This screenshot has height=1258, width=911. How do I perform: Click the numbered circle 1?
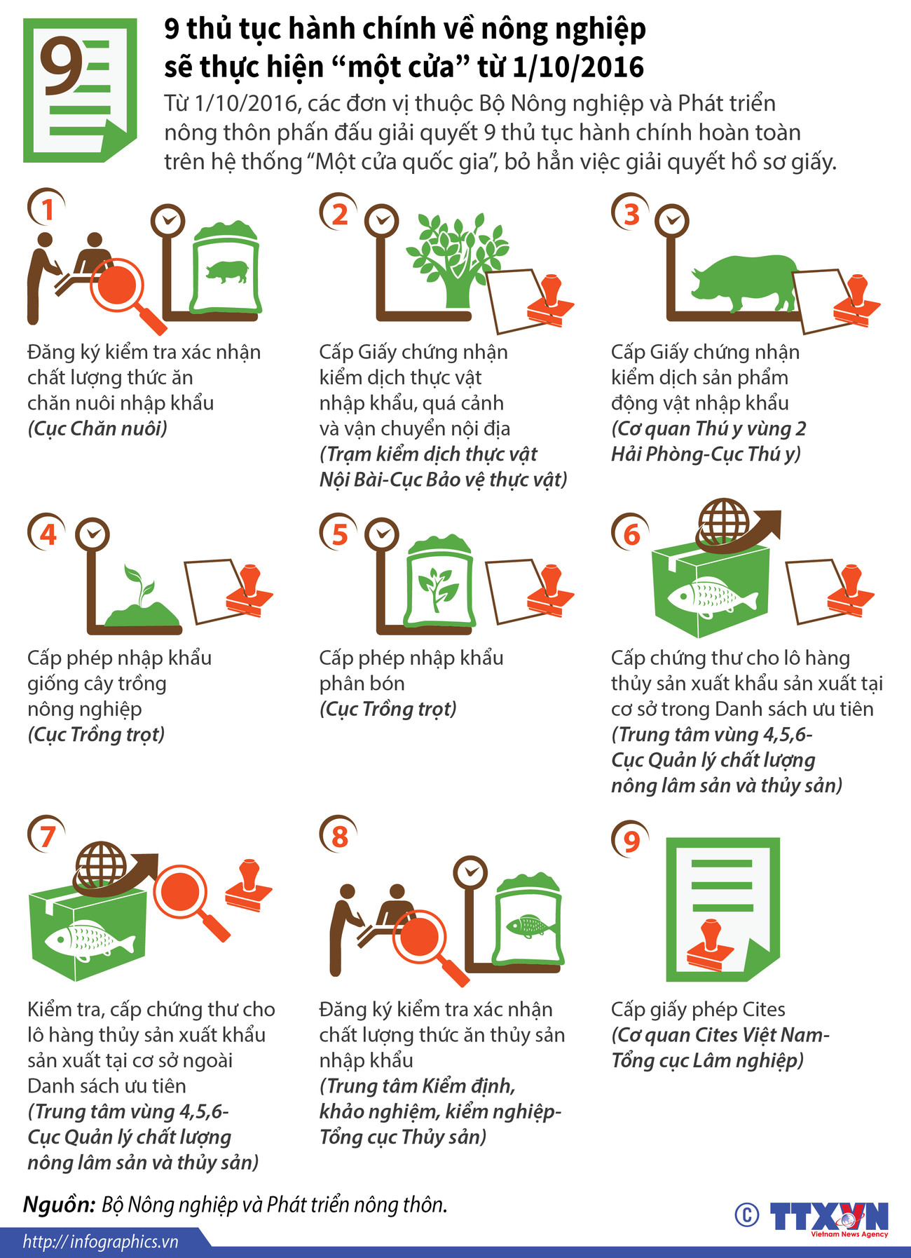[x=47, y=209]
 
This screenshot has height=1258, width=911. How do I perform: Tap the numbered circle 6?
[x=631, y=534]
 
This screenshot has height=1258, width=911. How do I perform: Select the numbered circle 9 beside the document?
[x=631, y=839]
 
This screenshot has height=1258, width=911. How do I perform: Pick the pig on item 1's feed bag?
[x=226, y=271]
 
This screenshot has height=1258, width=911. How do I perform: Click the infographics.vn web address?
[x=100, y=1242]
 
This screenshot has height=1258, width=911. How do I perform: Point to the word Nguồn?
[x=59, y=1205]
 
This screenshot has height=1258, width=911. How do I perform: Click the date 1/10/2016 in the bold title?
[x=578, y=67]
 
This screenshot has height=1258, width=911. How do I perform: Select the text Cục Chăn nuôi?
[x=97, y=428]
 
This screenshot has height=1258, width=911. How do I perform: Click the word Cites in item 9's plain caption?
[x=763, y=1010]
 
